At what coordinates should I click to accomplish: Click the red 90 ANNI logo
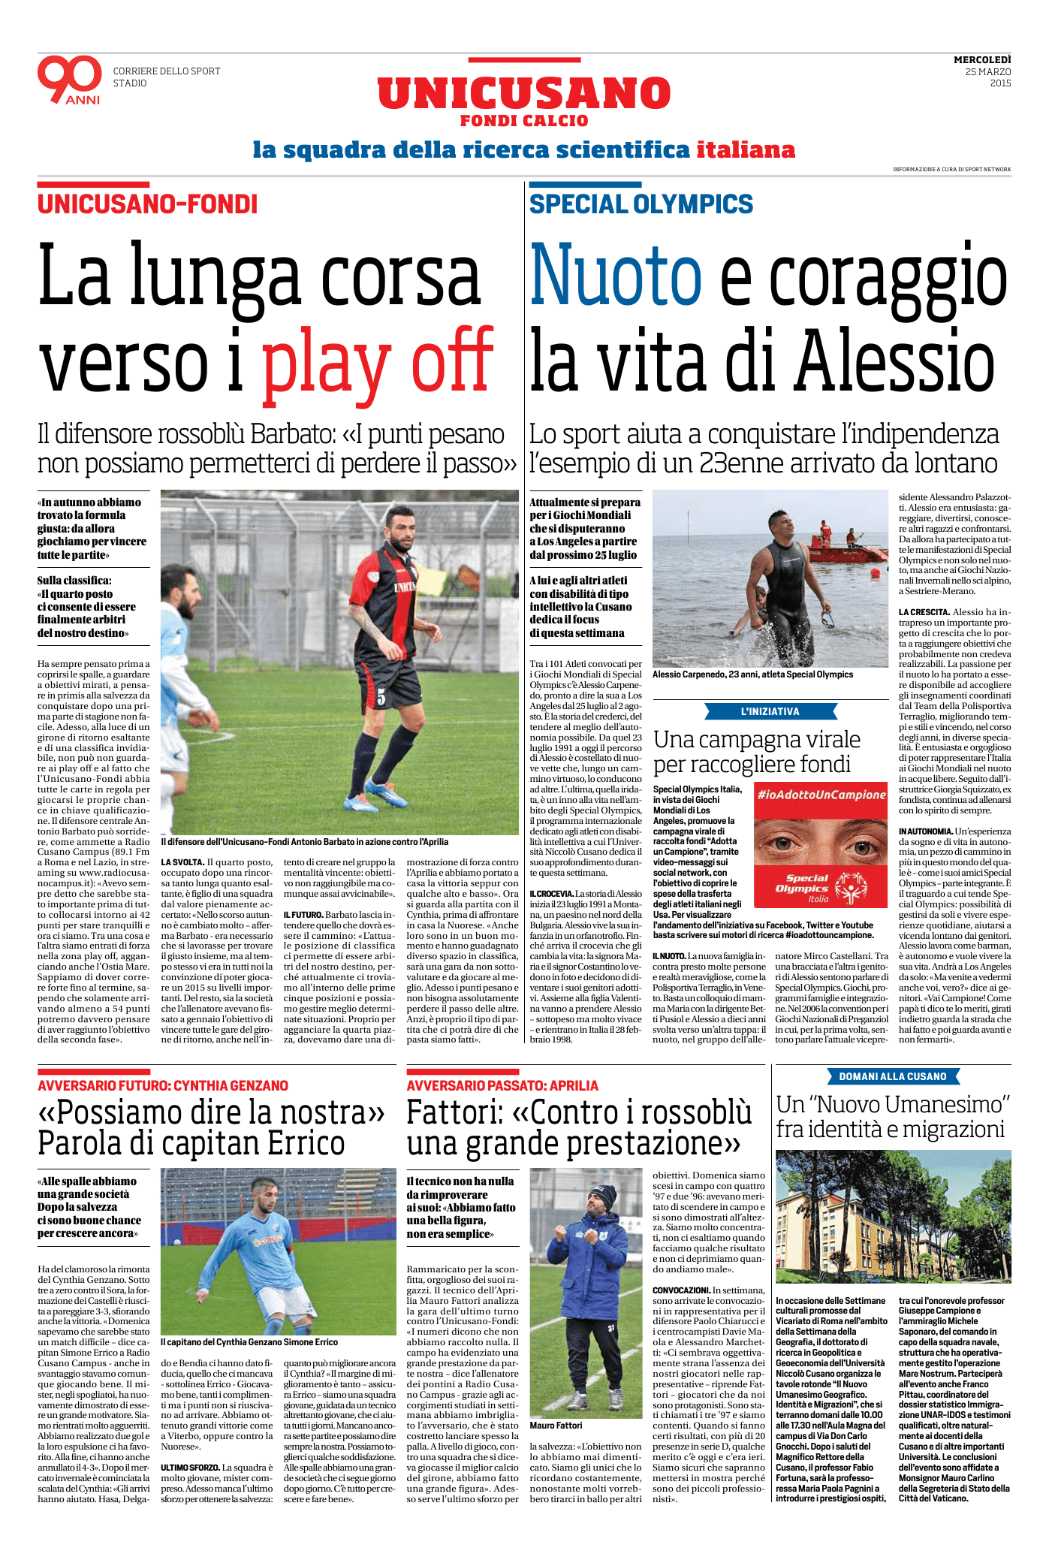click(x=69, y=79)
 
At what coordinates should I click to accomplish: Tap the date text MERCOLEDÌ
click(x=982, y=60)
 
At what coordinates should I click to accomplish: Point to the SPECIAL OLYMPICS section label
click(x=641, y=204)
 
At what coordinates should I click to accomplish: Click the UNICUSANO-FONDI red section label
click(x=147, y=204)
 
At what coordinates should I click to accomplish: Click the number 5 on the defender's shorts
click(x=381, y=697)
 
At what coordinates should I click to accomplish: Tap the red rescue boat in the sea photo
click(x=834, y=551)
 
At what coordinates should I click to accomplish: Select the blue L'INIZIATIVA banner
click(x=770, y=711)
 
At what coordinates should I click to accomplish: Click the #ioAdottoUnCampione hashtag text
click(x=821, y=795)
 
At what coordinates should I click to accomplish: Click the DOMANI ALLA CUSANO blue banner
click(x=892, y=1076)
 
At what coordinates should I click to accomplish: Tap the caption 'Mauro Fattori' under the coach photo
click(x=556, y=1426)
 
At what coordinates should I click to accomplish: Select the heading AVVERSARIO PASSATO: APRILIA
click(x=502, y=1086)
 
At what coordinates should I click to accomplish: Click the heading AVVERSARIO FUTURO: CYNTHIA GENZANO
click(x=163, y=1086)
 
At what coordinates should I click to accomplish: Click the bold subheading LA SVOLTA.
click(x=182, y=862)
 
